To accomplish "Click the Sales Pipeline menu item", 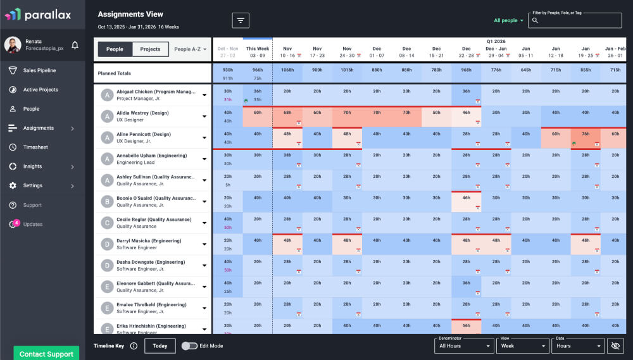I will tap(39, 70).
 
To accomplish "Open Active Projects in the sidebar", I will tap(41, 90).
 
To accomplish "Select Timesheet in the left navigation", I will tap(35, 147).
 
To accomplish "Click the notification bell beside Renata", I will tap(75, 45).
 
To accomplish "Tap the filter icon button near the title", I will tap(241, 20).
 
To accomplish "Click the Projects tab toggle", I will tap(150, 49).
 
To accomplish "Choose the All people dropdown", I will tap(508, 20).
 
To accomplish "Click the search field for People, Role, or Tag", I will tap(575, 21).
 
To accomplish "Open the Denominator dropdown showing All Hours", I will tap(465, 346).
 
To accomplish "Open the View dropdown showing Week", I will tap(523, 346).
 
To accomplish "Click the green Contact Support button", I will tap(46, 354).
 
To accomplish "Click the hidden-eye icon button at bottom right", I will tap(615, 346).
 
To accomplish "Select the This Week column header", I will tap(258, 52).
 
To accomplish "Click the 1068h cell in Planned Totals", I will tap(287, 70).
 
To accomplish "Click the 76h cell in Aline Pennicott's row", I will tap(586, 134).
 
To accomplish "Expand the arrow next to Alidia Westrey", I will tap(204, 117).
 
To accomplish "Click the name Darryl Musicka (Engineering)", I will tap(149, 241).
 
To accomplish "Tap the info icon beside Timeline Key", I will tap(134, 346).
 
